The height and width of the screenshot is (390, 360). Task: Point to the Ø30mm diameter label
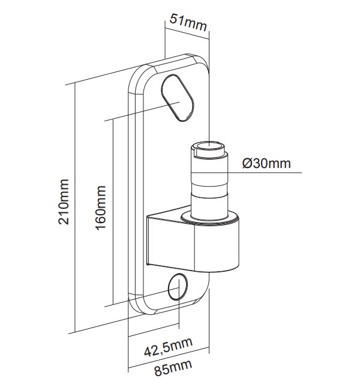tap(267, 164)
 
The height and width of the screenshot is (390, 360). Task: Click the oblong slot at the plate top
tap(178, 98)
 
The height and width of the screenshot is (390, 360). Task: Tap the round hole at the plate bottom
tap(178, 287)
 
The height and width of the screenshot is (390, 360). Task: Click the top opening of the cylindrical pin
tap(208, 146)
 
